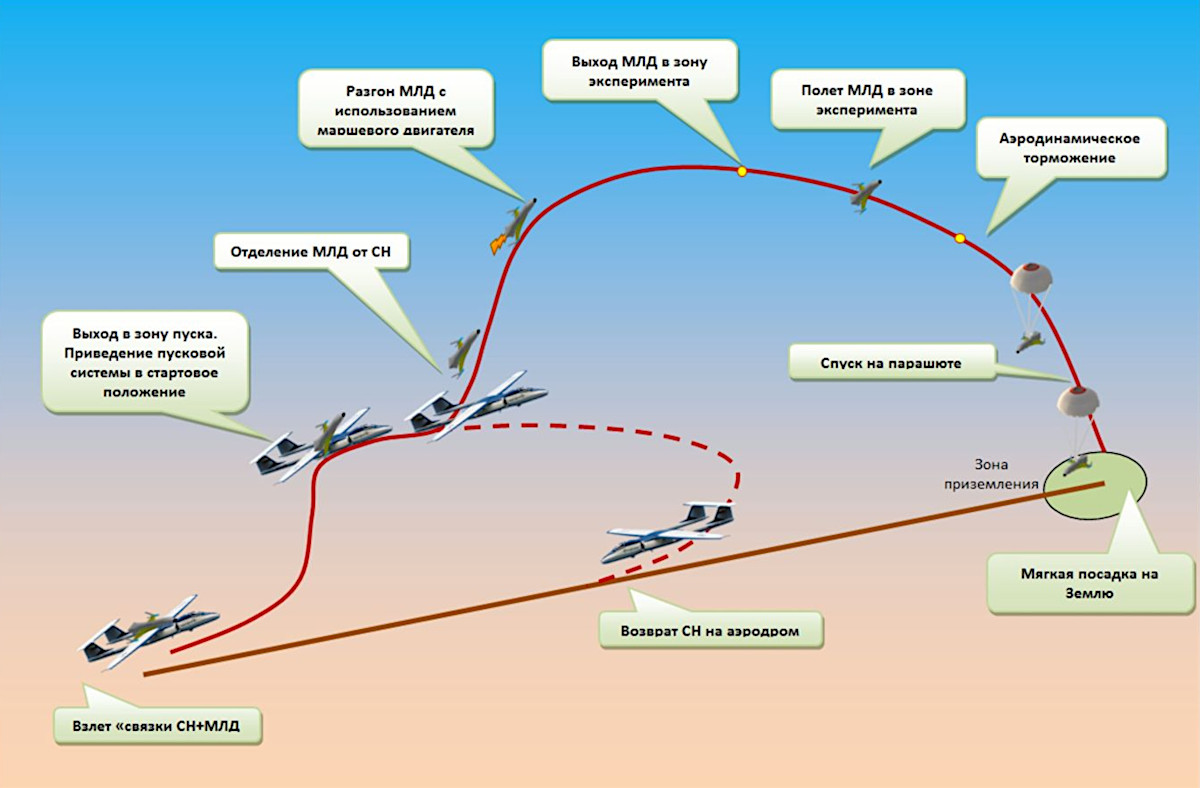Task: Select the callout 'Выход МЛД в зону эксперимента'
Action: (x=640, y=69)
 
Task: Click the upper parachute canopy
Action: (x=1028, y=279)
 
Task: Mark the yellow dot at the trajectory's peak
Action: (x=742, y=172)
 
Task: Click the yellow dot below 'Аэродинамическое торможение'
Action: (x=960, y=238)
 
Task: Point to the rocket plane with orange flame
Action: (x=512, y=226)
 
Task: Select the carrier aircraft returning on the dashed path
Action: (x=668, y=532)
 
